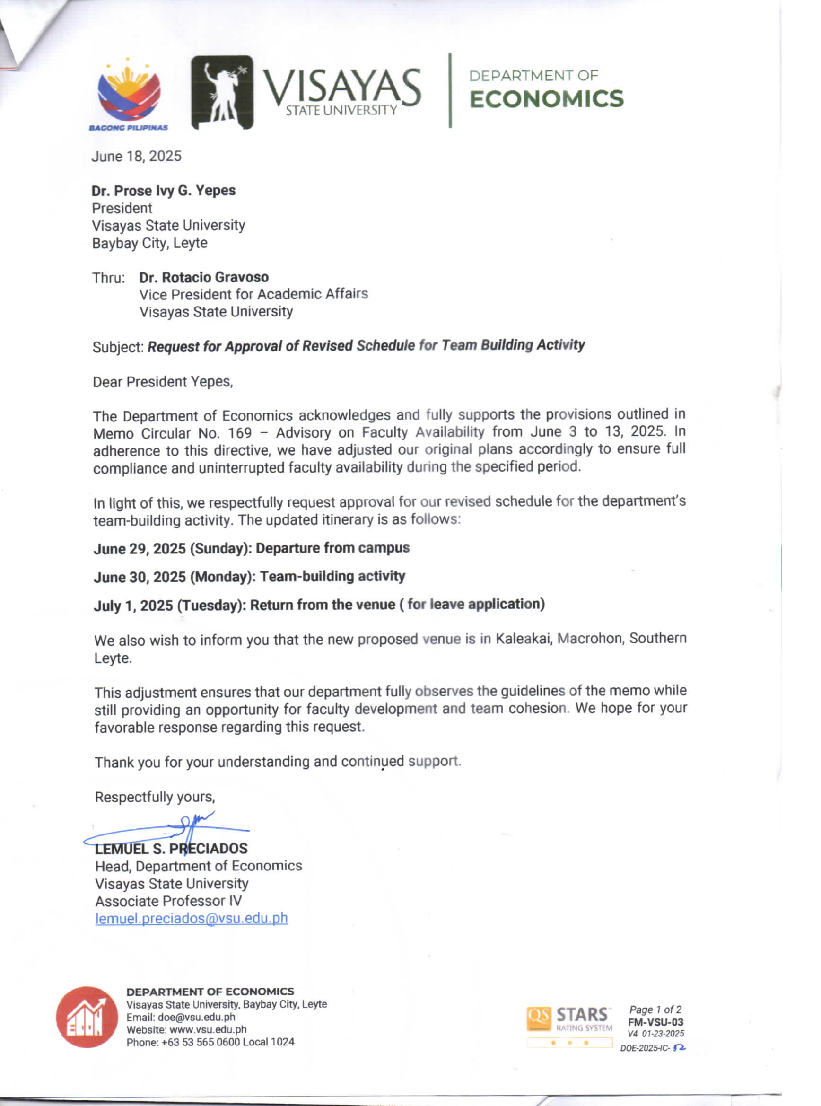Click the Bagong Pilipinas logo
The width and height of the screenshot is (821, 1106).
[129, 95]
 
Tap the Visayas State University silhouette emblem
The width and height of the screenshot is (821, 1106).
[222, 92]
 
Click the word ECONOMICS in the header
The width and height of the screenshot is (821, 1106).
[546, 99]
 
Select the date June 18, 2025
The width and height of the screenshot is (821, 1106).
[136, 156]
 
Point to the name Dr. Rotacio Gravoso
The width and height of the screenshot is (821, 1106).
[204, 277]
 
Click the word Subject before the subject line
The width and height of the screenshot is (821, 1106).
[118, 346]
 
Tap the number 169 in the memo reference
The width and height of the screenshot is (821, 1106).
[240, 433]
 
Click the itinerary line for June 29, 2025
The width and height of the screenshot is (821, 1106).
[252, 548]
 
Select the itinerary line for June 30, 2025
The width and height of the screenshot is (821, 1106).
[250, 577]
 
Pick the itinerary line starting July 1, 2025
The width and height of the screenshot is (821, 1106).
[319, 605]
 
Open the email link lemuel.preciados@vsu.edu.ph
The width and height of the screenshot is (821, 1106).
[192, 918]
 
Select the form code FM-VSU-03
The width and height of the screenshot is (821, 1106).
[655, 1022]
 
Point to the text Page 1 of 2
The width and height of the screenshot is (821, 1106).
[655, 1009]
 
